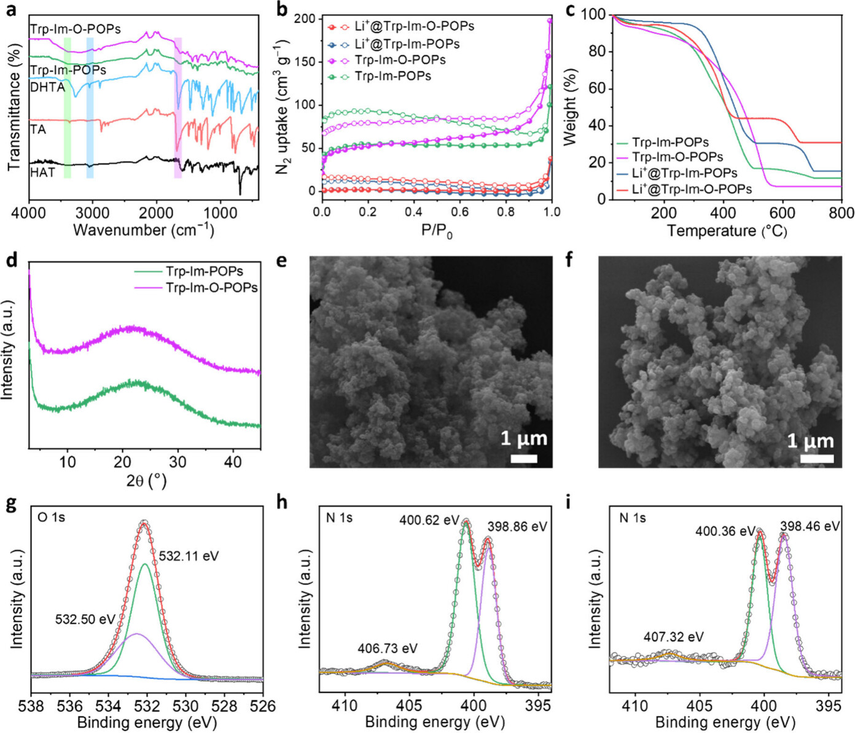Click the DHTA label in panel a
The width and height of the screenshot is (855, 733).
47,87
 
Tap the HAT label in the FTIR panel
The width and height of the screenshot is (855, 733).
42,173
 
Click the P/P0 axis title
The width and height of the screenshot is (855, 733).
437,231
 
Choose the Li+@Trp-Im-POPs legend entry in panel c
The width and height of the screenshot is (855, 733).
684,174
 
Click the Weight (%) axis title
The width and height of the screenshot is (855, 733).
571,107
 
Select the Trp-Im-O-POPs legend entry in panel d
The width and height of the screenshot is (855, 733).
211,287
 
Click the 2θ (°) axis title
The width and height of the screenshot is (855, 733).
146,481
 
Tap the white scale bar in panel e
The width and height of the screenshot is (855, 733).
523,459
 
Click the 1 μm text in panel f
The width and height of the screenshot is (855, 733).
810,441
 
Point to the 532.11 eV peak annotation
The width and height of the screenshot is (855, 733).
189,556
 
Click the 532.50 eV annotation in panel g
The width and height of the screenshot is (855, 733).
85,619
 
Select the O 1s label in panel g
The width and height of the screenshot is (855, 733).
51,518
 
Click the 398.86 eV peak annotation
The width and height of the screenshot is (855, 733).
517,527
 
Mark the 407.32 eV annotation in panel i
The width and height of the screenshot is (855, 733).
673,637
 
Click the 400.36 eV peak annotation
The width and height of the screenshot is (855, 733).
725,531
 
